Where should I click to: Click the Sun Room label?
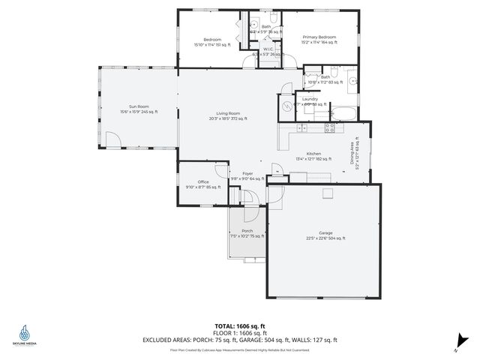pos(138,108)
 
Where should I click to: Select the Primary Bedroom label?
pos(319,37)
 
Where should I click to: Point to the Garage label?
pos(325,234)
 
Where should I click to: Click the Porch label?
pos(247,231)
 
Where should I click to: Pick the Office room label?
pos(203,181)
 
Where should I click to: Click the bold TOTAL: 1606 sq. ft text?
pos(239,325)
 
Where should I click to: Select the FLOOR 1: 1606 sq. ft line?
pos(239,331)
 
